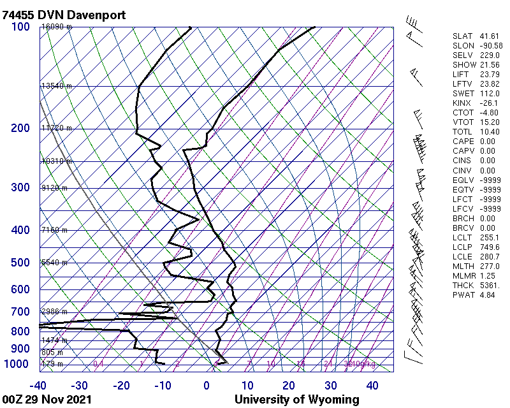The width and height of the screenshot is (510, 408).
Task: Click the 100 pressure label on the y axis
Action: click(20, 27)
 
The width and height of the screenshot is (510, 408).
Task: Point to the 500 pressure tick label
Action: click(20, 263)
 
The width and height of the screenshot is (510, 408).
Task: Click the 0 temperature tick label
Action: click(207, 386)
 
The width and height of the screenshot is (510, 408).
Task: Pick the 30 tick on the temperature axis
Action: click(330, 386)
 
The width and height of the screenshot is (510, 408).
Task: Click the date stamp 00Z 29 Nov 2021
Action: click(47, 400)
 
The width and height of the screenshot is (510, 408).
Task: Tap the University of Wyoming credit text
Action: click(297, 400)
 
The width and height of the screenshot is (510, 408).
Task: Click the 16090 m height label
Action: click(57, 27)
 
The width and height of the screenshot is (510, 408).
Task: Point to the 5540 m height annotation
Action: click(54, 263)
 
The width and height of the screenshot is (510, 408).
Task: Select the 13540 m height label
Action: click(57, 86)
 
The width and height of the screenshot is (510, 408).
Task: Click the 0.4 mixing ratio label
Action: click(98, 364)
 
